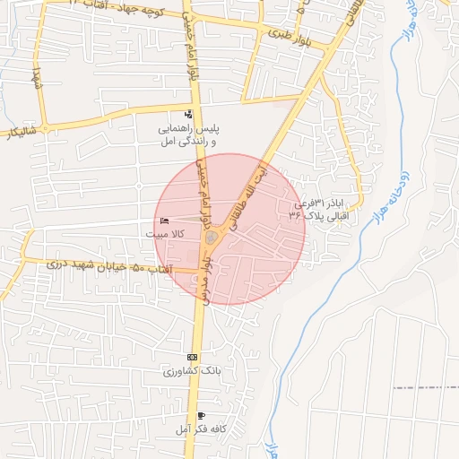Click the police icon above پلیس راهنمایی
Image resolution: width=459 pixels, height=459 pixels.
(188, 114)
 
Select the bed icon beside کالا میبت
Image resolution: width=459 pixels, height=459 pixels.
(162, 221)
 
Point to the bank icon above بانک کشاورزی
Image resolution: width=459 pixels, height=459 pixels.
(192, 357)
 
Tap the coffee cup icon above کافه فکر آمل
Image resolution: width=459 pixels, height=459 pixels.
(201, 416)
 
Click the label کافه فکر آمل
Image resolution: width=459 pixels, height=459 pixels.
(201, 429)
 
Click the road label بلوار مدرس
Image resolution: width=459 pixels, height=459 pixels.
(206, 281)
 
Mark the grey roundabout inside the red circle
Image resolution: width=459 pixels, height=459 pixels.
(212, 238)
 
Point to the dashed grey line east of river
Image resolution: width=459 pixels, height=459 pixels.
(426, 387)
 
